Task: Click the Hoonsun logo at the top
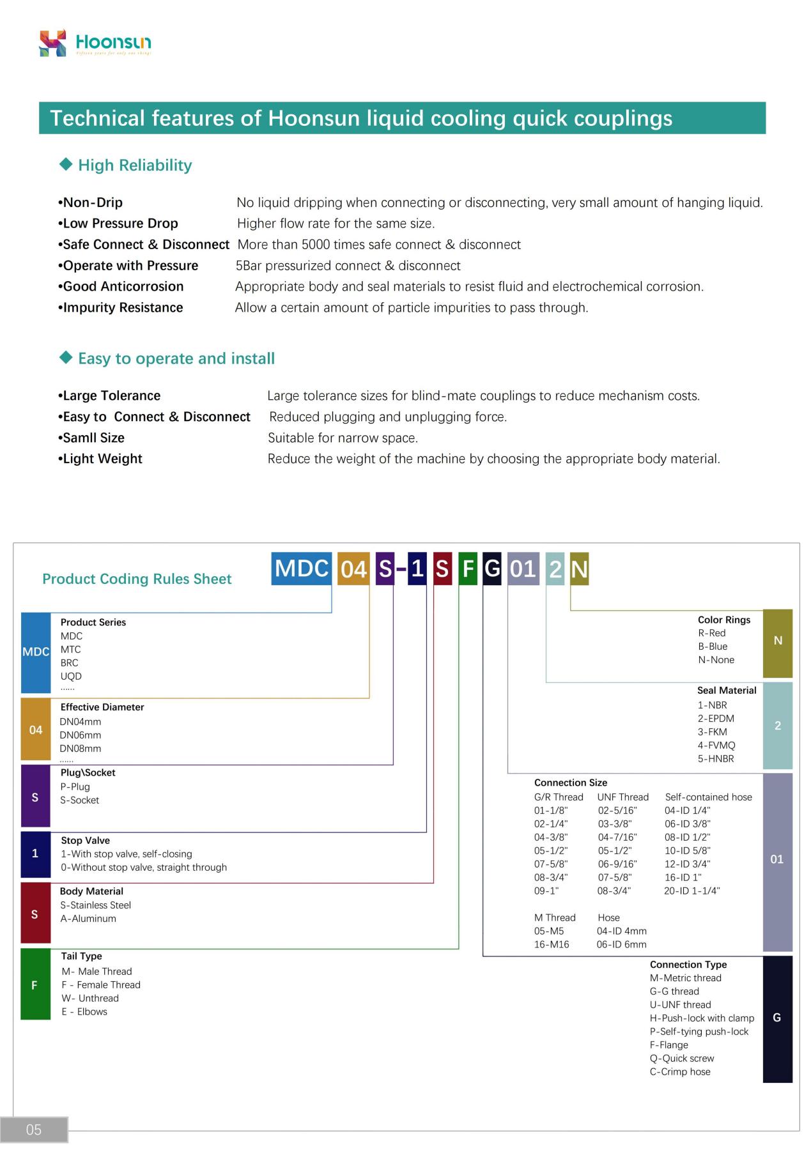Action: (x=95, y=43)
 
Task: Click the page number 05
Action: (x=34, y=1129)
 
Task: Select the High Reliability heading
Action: (x=134, y=165)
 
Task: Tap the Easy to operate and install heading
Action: (x=176, y=358)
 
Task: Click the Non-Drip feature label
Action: (x=93, y=203)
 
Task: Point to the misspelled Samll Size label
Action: (x=93, y=438)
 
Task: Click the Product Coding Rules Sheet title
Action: (x=137, y=579)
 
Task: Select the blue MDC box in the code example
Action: (x=302, y=569)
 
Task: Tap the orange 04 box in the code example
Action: (x=353, y=569)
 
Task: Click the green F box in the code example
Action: (x=468, y=569)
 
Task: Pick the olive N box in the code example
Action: (x=579, y=569)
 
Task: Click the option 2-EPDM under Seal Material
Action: (x=716, y=719)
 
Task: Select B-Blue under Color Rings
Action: (x=713, y=647)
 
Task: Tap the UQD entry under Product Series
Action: (x=71, y=676)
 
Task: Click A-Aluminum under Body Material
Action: (x=88, y=919)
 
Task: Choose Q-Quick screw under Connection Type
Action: (x=682, y=1059)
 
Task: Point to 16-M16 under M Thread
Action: (x=552, y=944)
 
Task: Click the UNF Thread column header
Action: (x=622, y=797)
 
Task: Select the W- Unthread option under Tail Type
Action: (x=90, y=999)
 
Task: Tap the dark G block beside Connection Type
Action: (x=777, y=1018)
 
